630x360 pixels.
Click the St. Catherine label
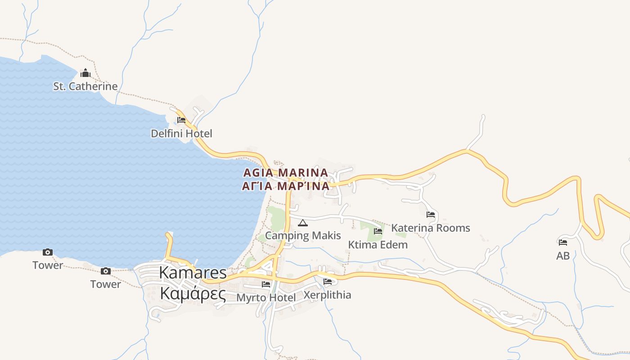coord(85,86)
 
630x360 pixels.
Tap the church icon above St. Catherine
coord(85,73)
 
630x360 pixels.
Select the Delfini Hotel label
coord(181,134)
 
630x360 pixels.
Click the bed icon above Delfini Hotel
coord(181,120)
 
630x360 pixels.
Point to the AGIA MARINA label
coord(286,173)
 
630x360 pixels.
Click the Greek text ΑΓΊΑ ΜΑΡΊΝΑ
coord(286,186)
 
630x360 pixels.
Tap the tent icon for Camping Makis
coord(303,223)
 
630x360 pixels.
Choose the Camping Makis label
coord(303,235)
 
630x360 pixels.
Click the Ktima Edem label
coord(378,245)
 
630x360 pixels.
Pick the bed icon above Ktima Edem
coord(378,231)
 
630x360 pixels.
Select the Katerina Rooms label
coord(431,228)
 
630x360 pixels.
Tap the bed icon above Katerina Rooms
coord(431,215)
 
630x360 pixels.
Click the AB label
coord(563,256)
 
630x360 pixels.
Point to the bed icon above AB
coord(563,243)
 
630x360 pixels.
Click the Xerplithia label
coord(327,295)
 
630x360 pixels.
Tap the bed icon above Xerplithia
coord(328,282)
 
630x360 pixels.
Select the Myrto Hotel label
coord(266,298)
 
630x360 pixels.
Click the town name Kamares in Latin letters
coord(193,273)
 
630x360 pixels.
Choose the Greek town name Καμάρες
coord(193,293)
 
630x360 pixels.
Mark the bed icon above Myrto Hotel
coord(266,284)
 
